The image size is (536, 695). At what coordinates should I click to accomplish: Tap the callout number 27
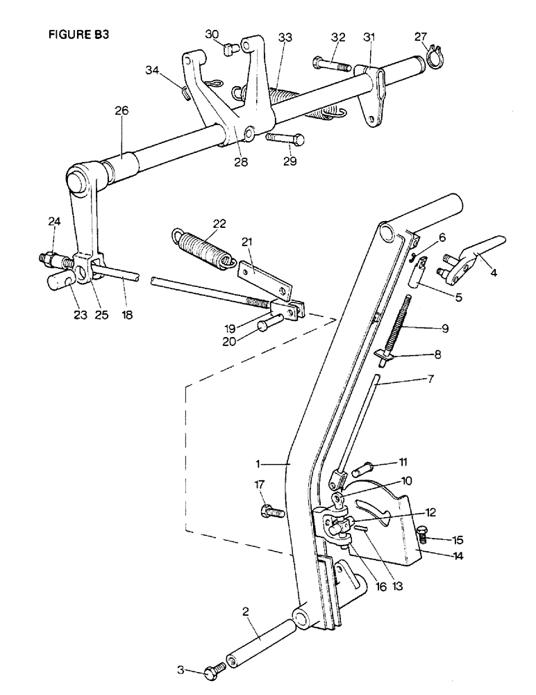(x=421, y=37)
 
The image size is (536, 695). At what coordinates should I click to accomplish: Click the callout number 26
(x=122, y=111)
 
